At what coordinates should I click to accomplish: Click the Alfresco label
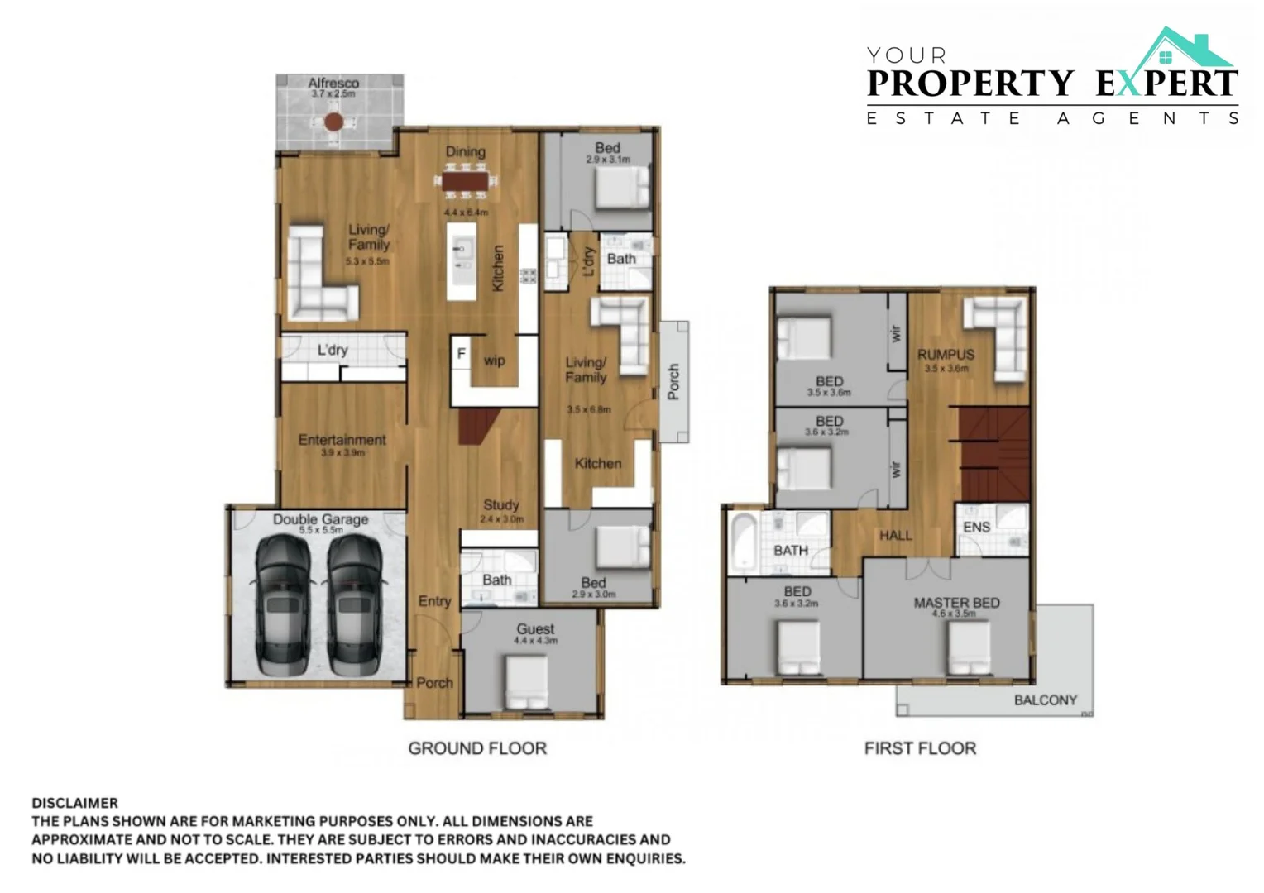tap(333, 83)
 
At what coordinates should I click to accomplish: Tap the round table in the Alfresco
tap(333, 122)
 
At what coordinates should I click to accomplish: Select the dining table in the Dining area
tap(466, 181)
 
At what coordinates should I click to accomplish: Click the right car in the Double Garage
tap(354, 604)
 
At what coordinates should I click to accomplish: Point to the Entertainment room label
tap(342, 440)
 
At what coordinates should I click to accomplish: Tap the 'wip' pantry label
tap(494, 361)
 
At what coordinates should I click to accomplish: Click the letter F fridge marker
tap(462, 354)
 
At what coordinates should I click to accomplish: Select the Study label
tap(501, 504)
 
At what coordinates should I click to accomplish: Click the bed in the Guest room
tap(527, 682)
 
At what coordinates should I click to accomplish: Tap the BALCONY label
tap(1046, 700)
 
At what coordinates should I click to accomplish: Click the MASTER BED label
tap(956, 603)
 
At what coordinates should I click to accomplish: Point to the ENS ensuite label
tap(976, 527)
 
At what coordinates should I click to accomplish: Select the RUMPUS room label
tap(946, 354)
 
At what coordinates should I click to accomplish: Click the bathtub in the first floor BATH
tap(742, 542)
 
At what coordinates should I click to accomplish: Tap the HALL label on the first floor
tap(895, 536)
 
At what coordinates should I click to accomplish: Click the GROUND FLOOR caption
tap(477, 748)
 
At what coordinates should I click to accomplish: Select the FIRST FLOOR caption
tap(920, 748)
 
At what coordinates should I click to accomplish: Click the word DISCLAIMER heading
tap(74, 803)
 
